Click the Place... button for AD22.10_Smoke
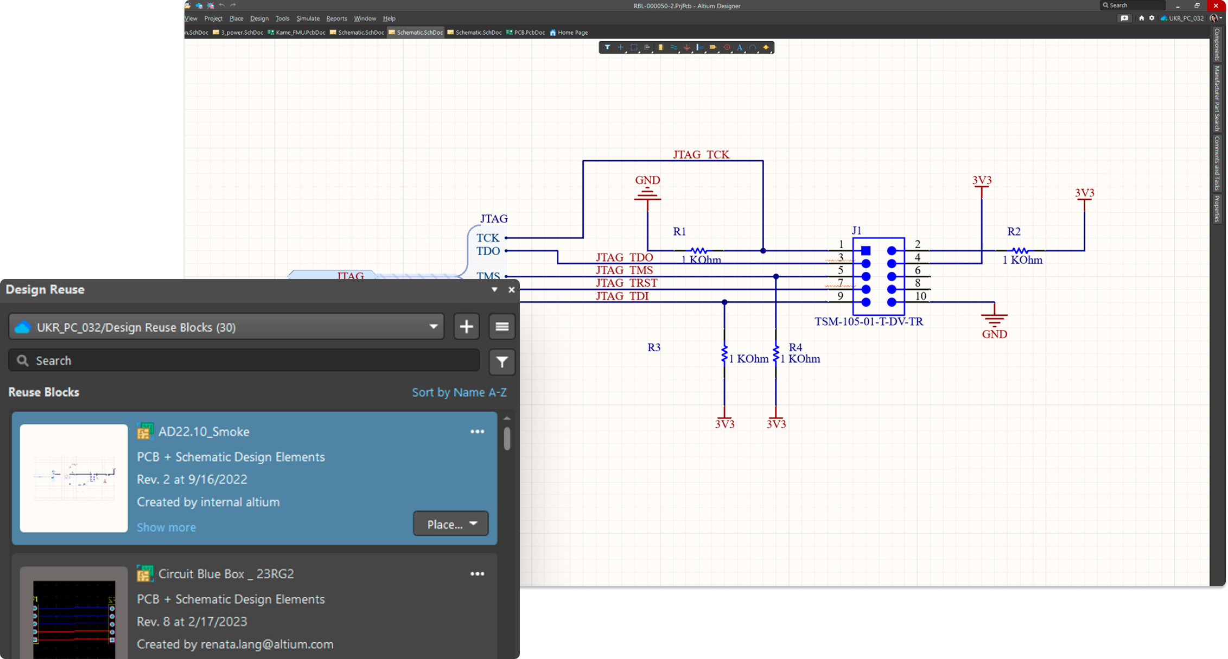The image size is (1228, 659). coord(450,524)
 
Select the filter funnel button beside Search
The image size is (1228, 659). coord(502,362)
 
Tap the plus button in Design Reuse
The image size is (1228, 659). coord(466,326)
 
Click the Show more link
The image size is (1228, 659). coord(166,527)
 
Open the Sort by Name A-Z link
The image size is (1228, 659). coord(459,392)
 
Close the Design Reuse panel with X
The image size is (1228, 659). coord(511,290)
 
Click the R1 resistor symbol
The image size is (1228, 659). coord(698,251)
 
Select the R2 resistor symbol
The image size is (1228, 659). coord(1020,251)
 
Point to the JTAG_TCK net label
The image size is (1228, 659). coord(701,155)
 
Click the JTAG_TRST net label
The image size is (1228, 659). coord(626,283)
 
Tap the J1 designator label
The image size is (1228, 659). coord(856,231)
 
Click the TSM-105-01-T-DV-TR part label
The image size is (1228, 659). coord(869,321)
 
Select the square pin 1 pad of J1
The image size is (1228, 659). coord(866,251)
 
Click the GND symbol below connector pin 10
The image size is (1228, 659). coord(994,318)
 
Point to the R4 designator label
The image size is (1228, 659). coord(796,347)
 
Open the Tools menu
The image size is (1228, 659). coord(282,18)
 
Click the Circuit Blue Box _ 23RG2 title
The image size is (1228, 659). coord(226,574)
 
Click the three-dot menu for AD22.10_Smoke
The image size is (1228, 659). coord(478,432)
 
